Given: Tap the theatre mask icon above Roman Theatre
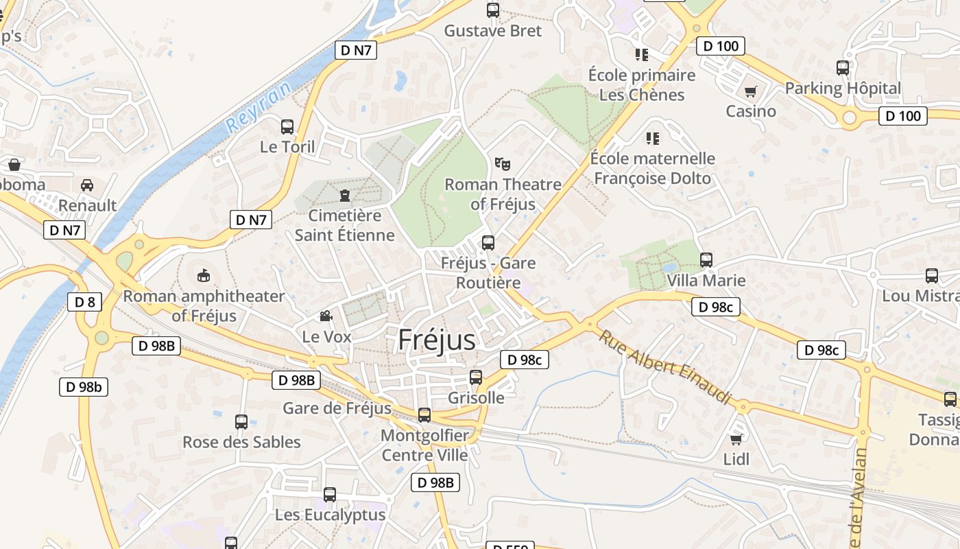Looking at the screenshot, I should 503,164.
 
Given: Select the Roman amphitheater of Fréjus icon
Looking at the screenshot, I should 204,275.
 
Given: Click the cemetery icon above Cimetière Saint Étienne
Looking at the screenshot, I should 344,196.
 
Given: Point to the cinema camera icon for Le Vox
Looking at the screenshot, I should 326,316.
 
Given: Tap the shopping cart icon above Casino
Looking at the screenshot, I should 751,91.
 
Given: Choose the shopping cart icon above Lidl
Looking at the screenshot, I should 736,439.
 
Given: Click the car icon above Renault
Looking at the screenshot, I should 87,185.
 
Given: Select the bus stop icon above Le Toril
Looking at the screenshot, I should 287,127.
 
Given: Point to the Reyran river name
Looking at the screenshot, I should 259,103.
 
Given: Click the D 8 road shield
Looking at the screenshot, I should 84,302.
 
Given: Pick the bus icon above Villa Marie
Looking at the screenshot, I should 706,260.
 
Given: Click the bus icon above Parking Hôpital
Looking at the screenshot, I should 843,68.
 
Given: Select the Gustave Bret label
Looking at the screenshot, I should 493,31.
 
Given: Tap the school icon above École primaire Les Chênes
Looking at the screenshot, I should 642,54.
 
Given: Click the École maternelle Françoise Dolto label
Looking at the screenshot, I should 653,168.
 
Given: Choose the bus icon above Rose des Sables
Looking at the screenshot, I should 241,421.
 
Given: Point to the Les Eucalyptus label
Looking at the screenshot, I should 331,515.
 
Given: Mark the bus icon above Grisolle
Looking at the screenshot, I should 476,377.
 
